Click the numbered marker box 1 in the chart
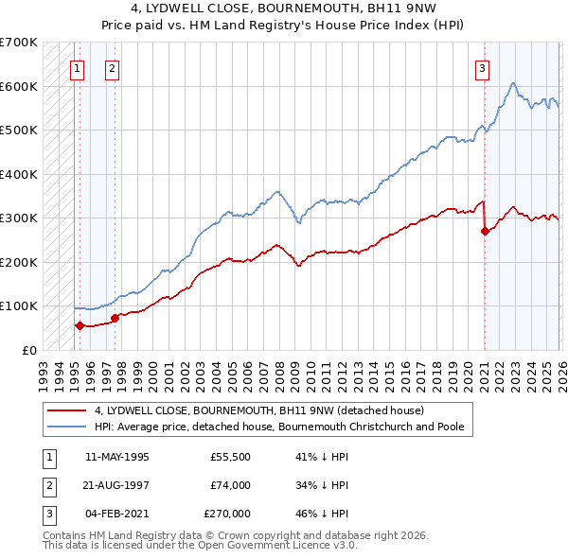[x=76, y=67]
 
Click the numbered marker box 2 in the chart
[x=112, y=67]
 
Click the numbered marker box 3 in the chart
[x=482, y=67]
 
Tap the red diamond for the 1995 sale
[x=80, y=325]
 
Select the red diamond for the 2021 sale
[x=485, y=231]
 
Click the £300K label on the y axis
[x=19, y=218]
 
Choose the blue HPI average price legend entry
[x=278, y=427]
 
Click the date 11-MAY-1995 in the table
[x=117, y=456]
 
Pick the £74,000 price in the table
[x=231, y=485]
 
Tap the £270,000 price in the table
[x=228, y=514]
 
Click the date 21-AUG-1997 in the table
[x=117, y=485]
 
